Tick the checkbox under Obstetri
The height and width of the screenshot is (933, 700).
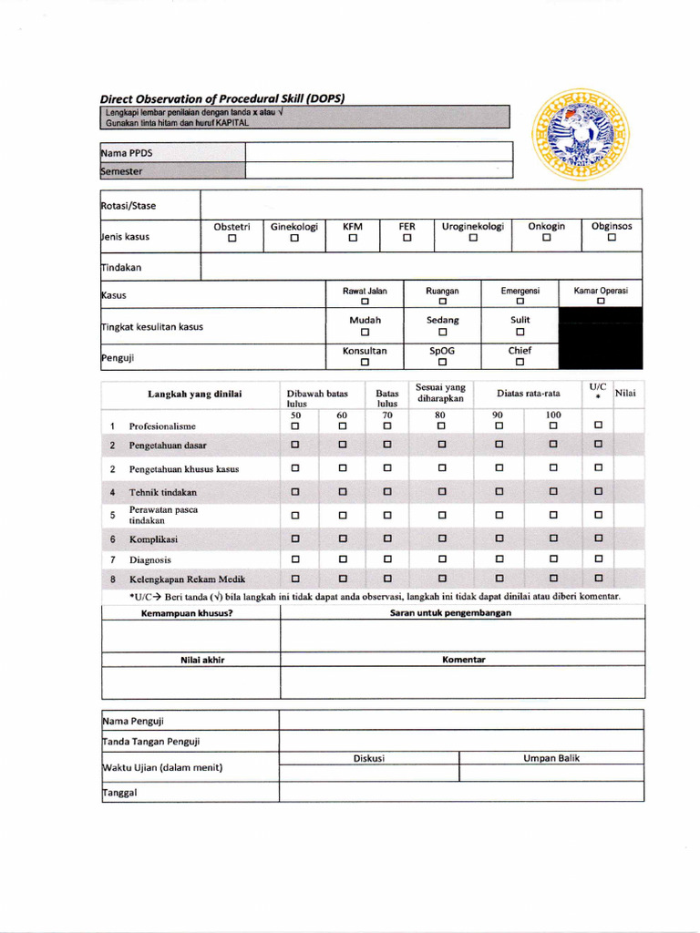click(232, 239)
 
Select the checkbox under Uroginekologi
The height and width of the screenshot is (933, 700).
click(473, 239)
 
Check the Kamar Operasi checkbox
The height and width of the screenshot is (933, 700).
click(601, 302)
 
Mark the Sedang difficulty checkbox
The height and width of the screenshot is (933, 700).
click(442, 332)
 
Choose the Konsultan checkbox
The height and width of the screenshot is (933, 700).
click(365, 362)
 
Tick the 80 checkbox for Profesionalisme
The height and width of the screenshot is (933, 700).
click(441, 425)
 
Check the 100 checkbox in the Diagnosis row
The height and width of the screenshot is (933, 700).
click(553, 559)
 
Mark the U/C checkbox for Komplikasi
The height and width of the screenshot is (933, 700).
click(599, 538)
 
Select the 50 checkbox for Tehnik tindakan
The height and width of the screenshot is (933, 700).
click(295, 492)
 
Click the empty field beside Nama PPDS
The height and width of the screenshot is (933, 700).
click(377, 152)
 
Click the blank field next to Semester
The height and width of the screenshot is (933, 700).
click(377, 170)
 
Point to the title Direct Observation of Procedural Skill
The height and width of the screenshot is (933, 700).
click(221, 98)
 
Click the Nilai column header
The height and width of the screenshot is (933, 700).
click(626, 393)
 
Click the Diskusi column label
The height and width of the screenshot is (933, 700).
click(369, 758)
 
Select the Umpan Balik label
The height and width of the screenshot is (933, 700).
click(551, 758)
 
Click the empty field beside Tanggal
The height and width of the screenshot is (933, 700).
click(461, 792)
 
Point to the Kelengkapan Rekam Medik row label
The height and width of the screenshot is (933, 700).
click(187, 579)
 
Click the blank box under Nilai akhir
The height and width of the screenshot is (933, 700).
click(190, 682)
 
